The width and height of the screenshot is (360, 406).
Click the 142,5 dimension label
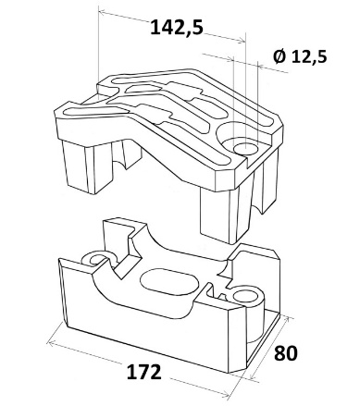click(177, 27)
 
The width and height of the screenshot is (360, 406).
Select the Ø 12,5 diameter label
click(300, 56)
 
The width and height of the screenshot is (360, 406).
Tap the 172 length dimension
click(143, 372)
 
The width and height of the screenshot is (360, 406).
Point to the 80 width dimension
click(286, 353)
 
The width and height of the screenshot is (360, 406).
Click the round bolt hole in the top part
click(245, 149)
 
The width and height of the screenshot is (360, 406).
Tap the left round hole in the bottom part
click(97, 259)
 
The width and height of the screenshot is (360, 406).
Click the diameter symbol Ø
click(279, 56)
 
